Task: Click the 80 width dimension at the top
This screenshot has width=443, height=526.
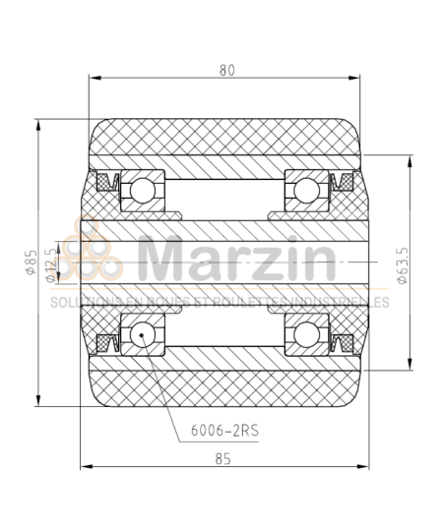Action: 227,69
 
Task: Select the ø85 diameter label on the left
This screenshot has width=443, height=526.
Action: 32,265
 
